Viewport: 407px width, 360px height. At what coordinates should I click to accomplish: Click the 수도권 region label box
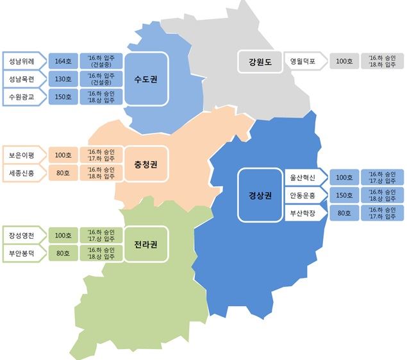(147, 78)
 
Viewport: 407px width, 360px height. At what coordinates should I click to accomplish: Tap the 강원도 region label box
(260, 62)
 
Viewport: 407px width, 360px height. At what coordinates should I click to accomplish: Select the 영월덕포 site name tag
(304, 62)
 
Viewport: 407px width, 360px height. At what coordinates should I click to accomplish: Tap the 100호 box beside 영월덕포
(345, 62)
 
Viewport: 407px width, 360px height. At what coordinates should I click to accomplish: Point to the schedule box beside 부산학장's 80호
(382, 212)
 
